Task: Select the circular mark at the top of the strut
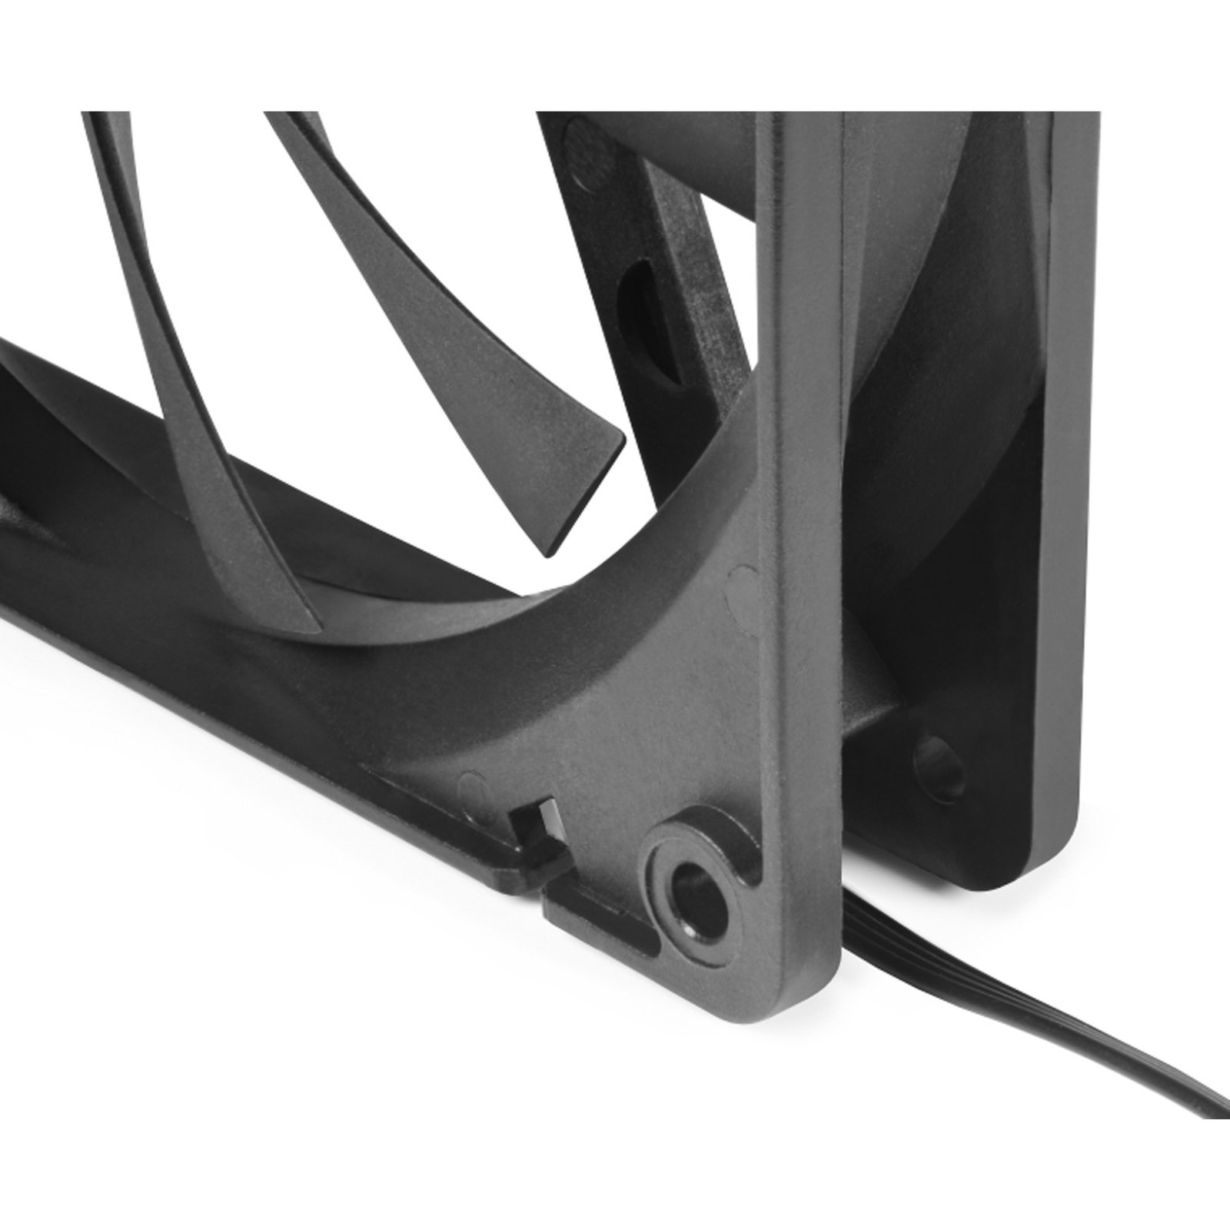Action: [576, 137]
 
